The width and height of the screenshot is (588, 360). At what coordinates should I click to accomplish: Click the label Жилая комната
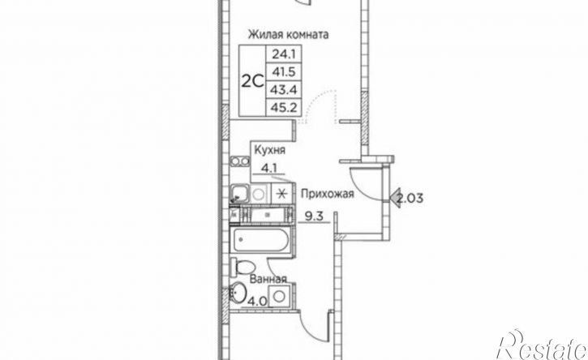tap(288, 35)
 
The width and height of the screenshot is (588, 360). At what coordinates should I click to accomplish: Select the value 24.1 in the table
tap(284, 55)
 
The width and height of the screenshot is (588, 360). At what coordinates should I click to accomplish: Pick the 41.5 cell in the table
tap(284, 72)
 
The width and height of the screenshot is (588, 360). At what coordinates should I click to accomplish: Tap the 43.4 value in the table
tap(284, 90)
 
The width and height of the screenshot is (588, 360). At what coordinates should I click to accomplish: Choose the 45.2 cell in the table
tap(284, 108)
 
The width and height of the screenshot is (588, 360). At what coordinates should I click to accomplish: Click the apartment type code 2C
tap(253, 81)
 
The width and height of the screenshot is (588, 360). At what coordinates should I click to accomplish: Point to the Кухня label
tap(269, 150)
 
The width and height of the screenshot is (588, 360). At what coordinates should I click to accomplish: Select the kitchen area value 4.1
tap(269, 168)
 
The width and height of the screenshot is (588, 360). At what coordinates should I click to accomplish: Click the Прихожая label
tap(328, 194)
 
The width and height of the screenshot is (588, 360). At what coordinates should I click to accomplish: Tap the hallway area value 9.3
tap(314, 216)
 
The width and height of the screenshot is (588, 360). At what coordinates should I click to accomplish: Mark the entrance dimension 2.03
tap(410, 198)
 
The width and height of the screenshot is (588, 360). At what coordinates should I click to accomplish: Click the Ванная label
tap(268, 280)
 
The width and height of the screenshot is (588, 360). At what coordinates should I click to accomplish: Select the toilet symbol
tap(243, 267)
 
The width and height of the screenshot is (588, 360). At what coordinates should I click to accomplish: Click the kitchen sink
tap(239, 194)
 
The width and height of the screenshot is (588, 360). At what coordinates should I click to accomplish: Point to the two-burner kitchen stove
tap(240, 161)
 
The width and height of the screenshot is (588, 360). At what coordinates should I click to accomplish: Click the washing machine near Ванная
tap(279, 296)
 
